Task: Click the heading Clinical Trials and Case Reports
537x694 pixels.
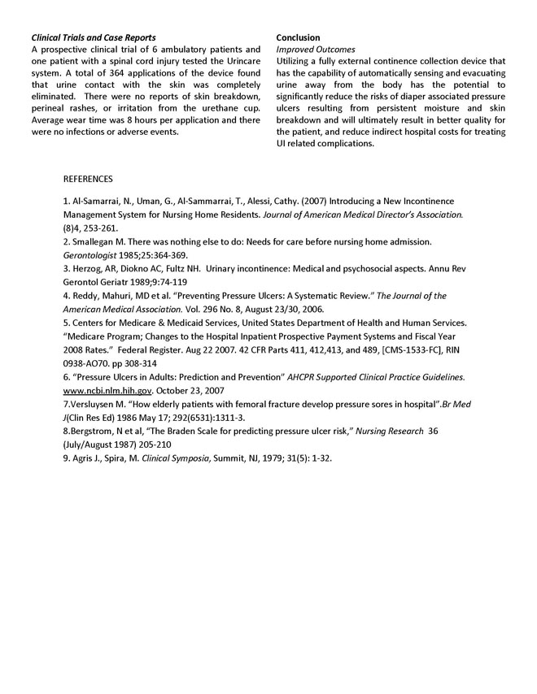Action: point(94,38)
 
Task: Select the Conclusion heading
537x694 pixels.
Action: point(298,38)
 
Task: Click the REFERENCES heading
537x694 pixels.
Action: point(88,179)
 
